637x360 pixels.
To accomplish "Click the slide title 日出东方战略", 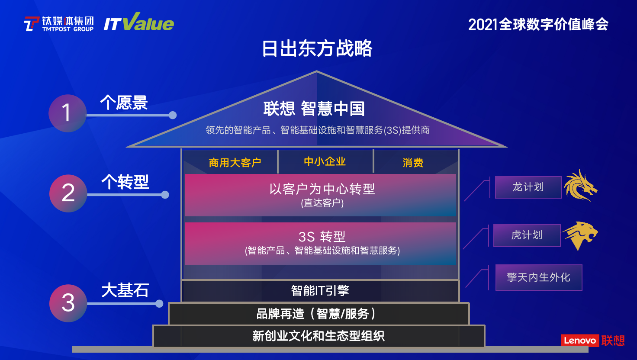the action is tap(317, 48).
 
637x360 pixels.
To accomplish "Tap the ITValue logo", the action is tap(139, 22).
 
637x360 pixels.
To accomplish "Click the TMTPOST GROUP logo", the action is tap(59, 24).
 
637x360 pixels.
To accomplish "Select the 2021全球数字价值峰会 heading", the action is tap(538, 25).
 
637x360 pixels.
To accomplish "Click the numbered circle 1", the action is tap(68, 113).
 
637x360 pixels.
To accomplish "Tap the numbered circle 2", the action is tap(68, 193).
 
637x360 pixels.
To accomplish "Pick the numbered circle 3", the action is tap(68, 303).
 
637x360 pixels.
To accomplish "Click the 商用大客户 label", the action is tap(235, 163).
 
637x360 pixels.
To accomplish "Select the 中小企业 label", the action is tap(325, 161).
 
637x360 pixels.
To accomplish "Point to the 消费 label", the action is tap(413, 163).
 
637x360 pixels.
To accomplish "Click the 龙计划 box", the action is tap(528, 187).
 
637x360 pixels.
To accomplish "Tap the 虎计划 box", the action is tap(527, 235).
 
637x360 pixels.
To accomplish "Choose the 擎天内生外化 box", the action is tap(539, 277).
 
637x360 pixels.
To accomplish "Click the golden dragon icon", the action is tap(580, 185).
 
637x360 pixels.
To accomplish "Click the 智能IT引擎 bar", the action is tap(320, 291).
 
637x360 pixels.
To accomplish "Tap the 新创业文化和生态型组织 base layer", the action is tap(319, 336).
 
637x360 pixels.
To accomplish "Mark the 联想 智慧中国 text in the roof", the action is tap(314, 109).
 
